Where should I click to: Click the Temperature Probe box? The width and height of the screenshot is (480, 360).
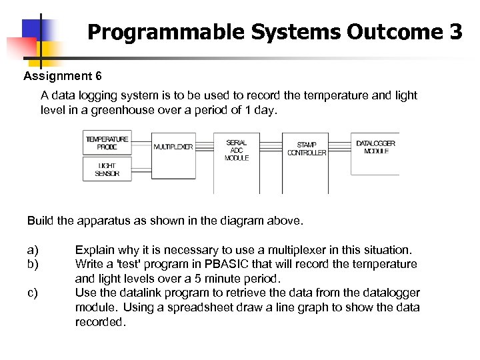pyautogui.click(x=107, y=143)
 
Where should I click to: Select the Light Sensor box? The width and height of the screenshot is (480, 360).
pyautogui.click(x=107, y=169)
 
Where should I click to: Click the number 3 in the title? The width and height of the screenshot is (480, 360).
pyautogui.click(x=455, y=31)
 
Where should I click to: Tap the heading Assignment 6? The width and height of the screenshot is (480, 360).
pyautogui.click(x=63, y=76)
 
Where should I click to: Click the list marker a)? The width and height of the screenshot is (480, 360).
pyautogui.click(x=33, y=250)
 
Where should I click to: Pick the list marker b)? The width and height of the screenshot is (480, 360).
pyautogui.click(x=33, y=264)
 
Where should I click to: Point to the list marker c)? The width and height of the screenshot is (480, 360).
pyautogui.click(x=33, y=293)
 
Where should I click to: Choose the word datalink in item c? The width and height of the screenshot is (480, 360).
pyautogui.click(x=139, y=293)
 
